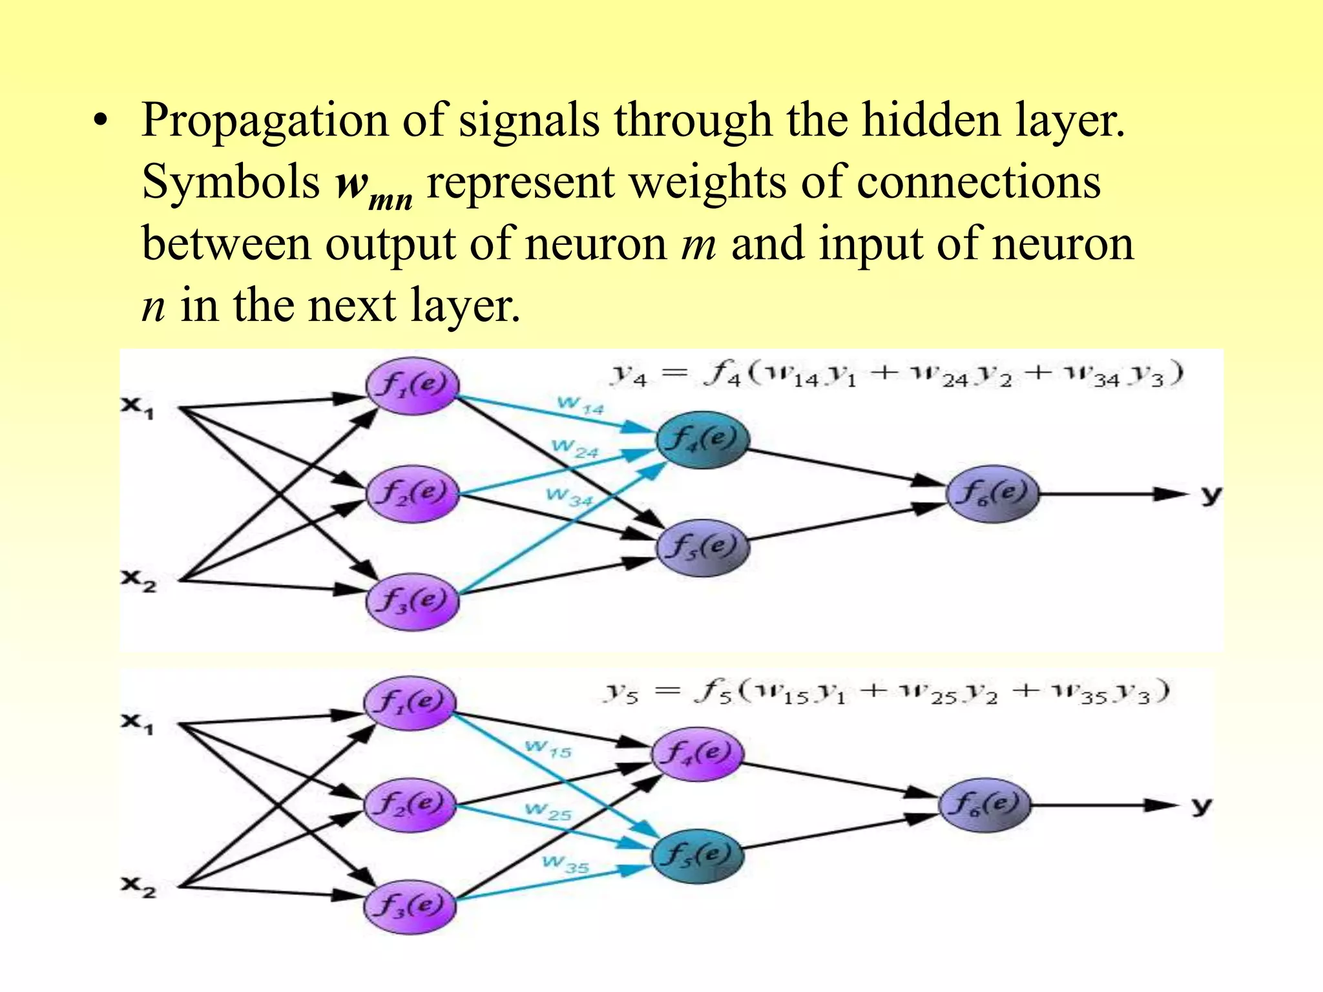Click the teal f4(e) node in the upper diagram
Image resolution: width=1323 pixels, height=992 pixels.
tap(702, 440)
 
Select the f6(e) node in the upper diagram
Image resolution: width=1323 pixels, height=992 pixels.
tap(992, 494)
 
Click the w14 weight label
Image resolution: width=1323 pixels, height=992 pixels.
tap(580, 405)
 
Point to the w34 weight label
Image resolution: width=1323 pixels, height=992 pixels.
tap(569, 497)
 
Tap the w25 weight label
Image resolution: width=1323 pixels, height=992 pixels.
tap(548, 811)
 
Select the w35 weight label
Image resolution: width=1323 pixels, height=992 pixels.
tap(565, 863)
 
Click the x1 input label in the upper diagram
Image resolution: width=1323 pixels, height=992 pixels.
tap(138, 407)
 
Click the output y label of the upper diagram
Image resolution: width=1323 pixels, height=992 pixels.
tap(1211, 495)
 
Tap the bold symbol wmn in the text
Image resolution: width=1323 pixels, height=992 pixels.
tap(374, 187)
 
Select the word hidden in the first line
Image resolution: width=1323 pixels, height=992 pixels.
tap(931, 121)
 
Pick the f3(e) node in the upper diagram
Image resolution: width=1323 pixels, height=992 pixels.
tap(412, 601)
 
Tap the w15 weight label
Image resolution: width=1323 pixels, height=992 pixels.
tap(548, 749)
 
